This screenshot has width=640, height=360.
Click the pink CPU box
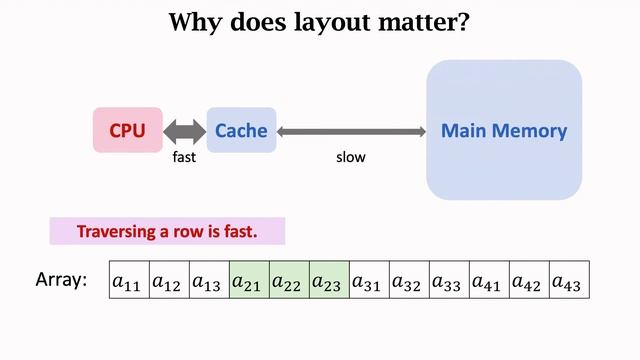[128, 130]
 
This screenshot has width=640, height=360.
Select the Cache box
[241, 130]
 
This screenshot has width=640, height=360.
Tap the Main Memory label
[504, 130]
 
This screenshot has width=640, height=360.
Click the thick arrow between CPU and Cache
[184, 130]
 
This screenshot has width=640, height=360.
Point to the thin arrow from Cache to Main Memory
[351, 131]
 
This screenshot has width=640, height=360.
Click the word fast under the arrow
[185, 157]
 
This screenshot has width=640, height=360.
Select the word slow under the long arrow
[351, 157]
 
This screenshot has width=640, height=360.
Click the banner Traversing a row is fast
[168, 232]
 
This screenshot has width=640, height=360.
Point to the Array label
[61, 281]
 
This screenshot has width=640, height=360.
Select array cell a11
[128, 281]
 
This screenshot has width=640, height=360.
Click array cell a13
[209, 281]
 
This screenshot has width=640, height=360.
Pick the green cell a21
[249, 281]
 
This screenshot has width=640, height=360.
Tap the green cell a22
[289, 281]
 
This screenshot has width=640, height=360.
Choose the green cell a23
[329, 281]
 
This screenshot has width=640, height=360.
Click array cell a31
[369, 281]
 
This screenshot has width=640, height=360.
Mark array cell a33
[449, 281]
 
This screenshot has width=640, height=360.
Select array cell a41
[489, 281]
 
